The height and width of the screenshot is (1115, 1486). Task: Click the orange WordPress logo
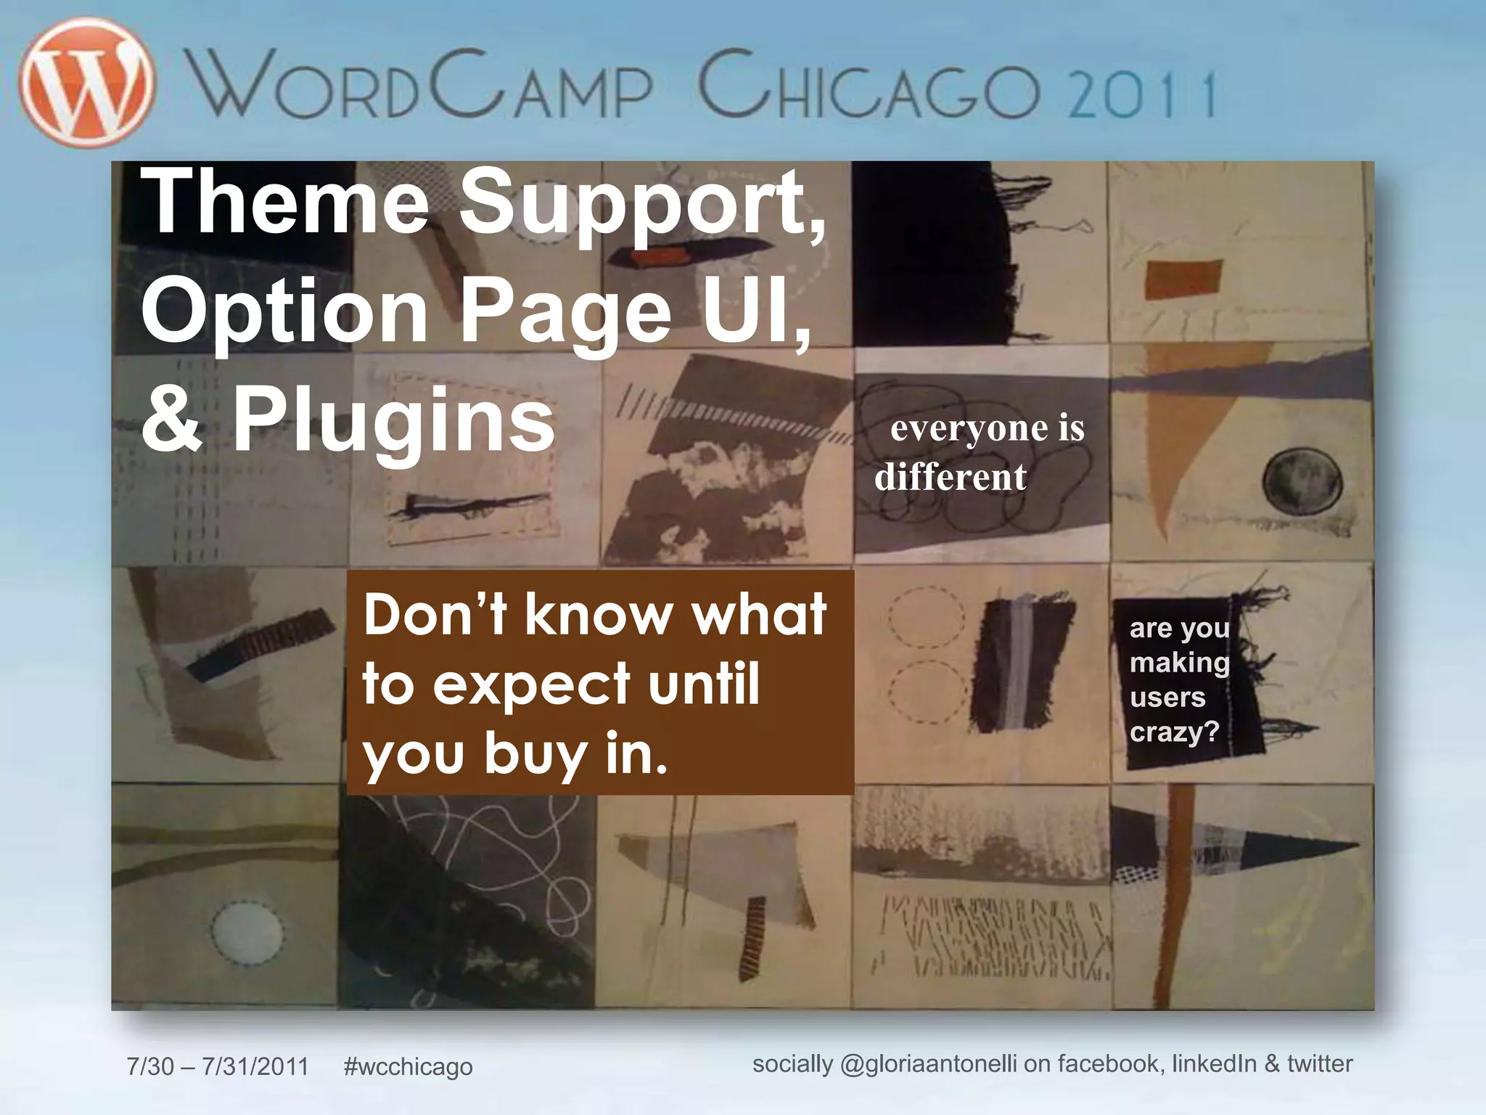coord(87,81)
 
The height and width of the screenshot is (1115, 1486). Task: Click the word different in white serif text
coord(951,478)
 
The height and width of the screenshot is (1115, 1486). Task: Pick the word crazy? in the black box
coord(1175,732)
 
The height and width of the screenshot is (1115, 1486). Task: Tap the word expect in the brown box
coord(532,685)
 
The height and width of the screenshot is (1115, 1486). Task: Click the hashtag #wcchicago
coord(408,1066)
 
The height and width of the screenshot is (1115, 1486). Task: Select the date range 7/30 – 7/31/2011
coord(218,1066)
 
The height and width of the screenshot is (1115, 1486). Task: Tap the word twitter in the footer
coord(1320,1064)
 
